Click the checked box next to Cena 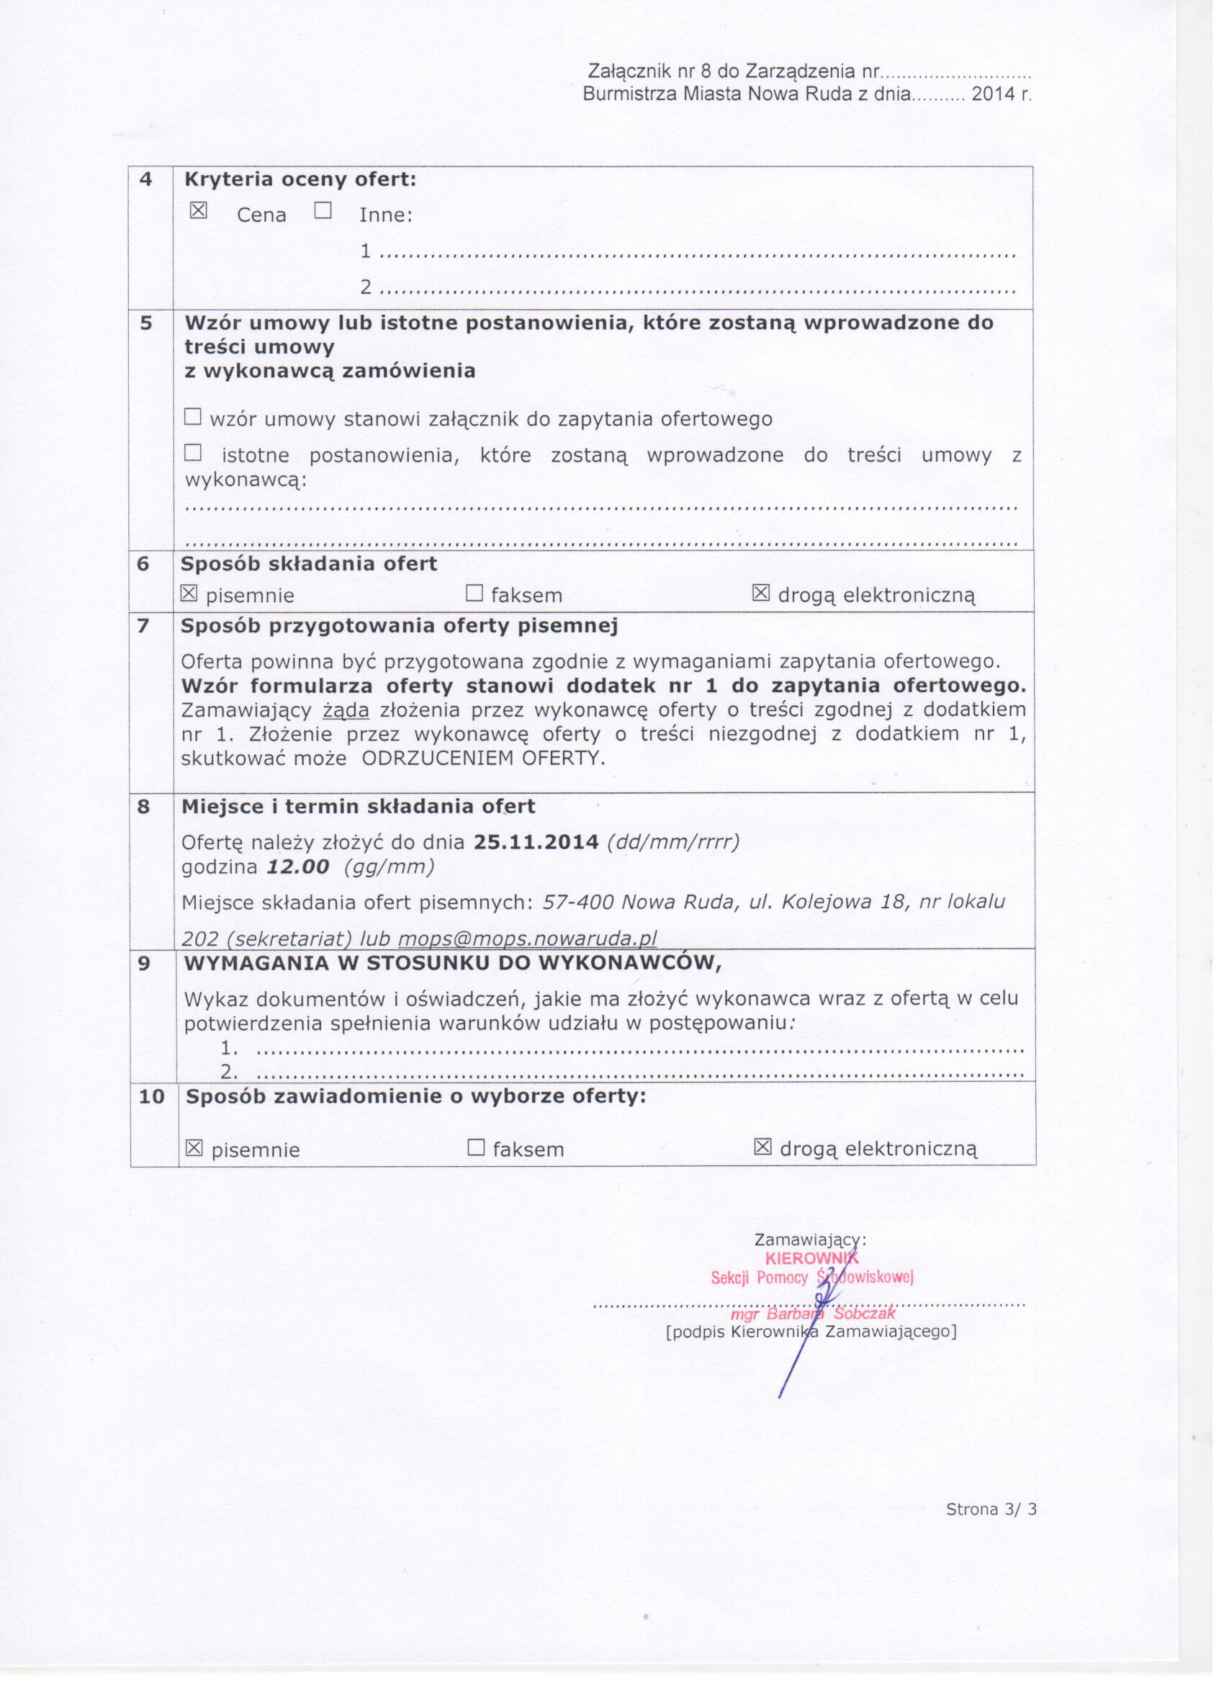pyautogui.click(x=198, y=212)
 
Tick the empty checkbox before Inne pyautogui.click(x=323, y=212)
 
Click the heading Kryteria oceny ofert pyautogui.click(x=301, y=179)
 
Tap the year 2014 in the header pyautogui.click(x=993, y=95)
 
